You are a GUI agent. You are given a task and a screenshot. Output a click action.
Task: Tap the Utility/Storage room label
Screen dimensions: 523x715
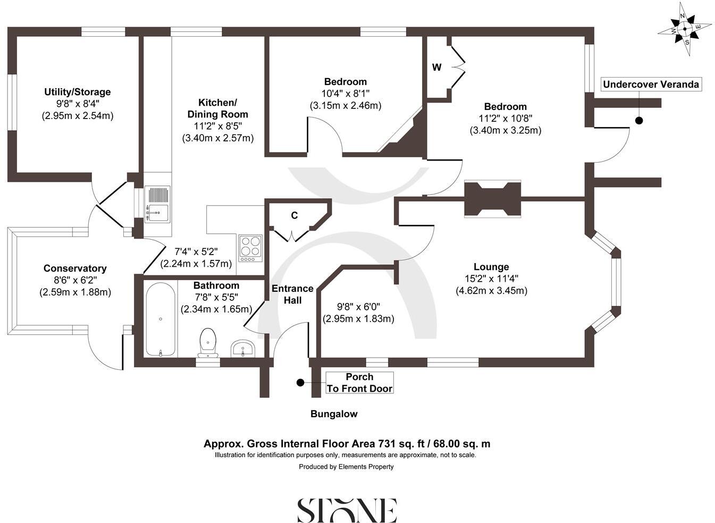[77, 92]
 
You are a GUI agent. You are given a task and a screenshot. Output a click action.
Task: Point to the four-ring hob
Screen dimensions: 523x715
[250, 248]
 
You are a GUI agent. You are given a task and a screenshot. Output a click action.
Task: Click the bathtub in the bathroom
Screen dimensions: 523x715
[161, 320]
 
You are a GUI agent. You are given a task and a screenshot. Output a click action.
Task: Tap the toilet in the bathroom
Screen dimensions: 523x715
[207, 342]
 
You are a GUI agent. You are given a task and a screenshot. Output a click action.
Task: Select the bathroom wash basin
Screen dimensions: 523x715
[243, 349]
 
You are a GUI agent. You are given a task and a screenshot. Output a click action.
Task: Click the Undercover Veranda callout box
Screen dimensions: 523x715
[651, 84]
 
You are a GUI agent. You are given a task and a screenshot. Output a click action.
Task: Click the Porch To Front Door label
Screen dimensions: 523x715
[359, 383]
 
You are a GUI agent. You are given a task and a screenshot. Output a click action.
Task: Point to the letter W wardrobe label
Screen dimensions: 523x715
[436, 68]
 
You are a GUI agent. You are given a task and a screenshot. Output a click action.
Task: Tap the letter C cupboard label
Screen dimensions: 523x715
[294, 216]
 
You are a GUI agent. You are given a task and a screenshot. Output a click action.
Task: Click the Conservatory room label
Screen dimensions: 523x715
[75, 268]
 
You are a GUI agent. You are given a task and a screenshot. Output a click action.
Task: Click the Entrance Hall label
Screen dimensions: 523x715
[292, 294]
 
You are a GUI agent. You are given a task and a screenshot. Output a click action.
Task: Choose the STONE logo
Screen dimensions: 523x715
[347, 510]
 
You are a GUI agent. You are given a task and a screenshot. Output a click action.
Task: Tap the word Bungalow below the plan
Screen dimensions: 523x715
[334, 414]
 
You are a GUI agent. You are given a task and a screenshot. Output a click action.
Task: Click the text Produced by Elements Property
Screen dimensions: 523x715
[346, 467]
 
